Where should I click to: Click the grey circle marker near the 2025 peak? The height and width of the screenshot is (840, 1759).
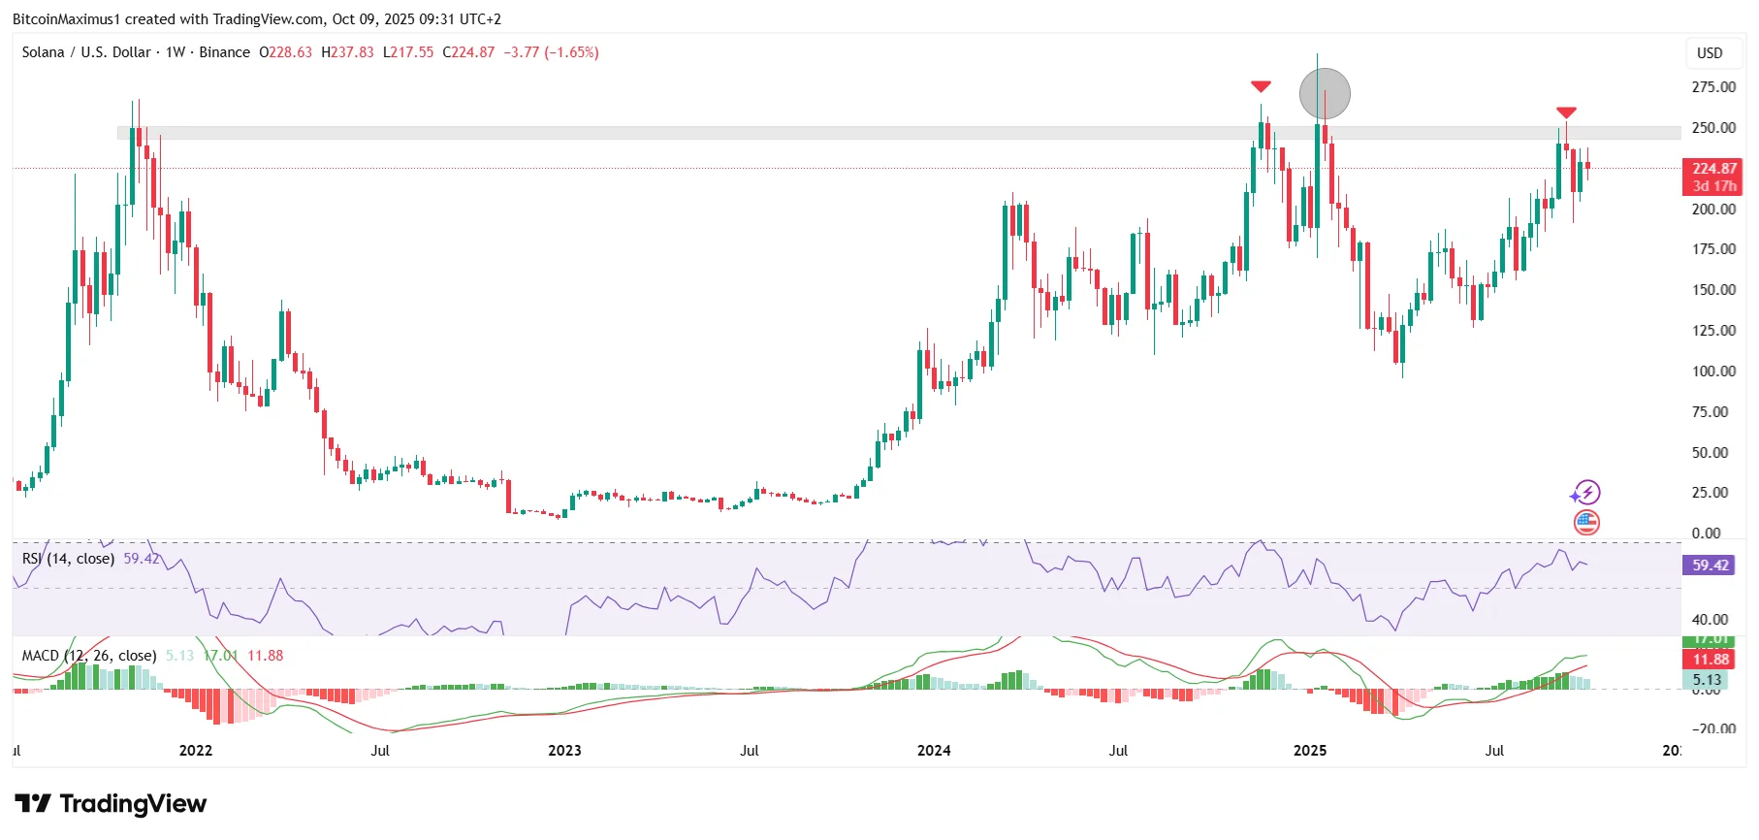1325,94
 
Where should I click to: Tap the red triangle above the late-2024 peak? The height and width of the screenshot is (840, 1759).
1261,87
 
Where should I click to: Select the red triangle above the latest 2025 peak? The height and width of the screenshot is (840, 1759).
1566,113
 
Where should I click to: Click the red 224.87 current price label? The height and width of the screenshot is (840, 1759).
1712,169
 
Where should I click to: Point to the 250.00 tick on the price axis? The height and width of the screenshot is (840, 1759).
1713,128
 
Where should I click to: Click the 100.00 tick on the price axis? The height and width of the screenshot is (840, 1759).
1713,372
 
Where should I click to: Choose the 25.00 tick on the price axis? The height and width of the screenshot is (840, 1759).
1713,493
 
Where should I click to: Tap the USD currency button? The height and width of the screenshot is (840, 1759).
1710,53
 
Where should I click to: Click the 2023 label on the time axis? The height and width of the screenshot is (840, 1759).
564,751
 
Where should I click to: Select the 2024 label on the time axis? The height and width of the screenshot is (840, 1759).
934,751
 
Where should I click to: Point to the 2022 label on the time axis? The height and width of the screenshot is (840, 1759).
196,751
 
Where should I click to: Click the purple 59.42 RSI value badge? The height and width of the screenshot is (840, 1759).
1711,565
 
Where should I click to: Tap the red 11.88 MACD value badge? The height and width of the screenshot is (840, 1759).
1711,660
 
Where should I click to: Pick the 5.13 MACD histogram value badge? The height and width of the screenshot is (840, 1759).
1708,681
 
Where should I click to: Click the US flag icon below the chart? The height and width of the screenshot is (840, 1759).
1586,523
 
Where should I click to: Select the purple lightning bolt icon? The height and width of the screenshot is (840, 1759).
1586,493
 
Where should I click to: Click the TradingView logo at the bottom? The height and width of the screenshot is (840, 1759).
111,804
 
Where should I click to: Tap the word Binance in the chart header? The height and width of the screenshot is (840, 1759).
224,52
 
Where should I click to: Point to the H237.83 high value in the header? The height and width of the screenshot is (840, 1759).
347,52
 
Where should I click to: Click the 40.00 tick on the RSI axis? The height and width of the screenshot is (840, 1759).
1711,620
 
